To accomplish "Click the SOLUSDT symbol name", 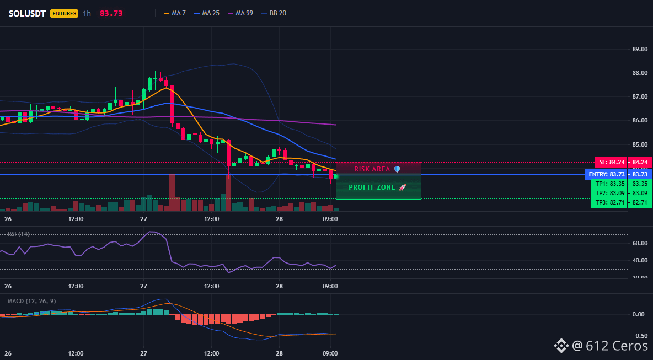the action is click(x=27, y=13).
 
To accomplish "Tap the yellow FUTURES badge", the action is click(x=64, y=13).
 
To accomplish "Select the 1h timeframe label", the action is click(x=87, y=13).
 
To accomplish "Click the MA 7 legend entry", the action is click(x=174, y=13).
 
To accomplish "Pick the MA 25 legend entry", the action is click(x=207, y=13).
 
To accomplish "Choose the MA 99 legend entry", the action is click(x=240, y=13).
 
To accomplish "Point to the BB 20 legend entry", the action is click(x=274, y=13).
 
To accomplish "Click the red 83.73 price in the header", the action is click(x=111, y=13).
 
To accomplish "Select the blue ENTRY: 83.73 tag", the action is click(x=606, y=174).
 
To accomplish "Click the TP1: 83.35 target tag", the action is click(x=609, y=184).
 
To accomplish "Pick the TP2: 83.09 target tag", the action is click(x=609, y=193).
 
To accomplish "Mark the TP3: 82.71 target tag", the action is click(x=609, y=203).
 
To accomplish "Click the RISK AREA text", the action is click(x=372, y=169).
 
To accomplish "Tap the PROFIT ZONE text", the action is click(x=372, y=187).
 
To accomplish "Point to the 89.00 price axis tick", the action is click(x=640, y=49).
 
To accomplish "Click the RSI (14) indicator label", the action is click(x=19, y=234).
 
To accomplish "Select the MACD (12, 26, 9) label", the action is click(x=31, y=301).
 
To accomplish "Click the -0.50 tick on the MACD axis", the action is click(x=639, y=336).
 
